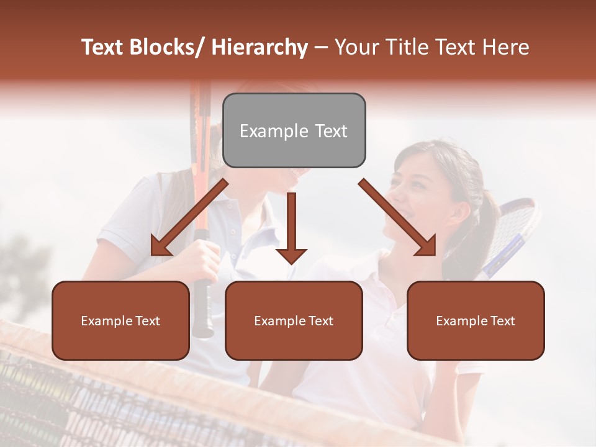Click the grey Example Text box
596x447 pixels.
pos(294,130)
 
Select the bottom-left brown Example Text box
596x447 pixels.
pos(120,320)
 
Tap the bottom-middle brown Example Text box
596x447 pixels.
pos(294,320)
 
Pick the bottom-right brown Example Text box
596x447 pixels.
pos(476,320)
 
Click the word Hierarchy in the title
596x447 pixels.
pos(259,47)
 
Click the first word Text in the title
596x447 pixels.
pos(104,47)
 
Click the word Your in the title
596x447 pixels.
pos(354,47)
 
